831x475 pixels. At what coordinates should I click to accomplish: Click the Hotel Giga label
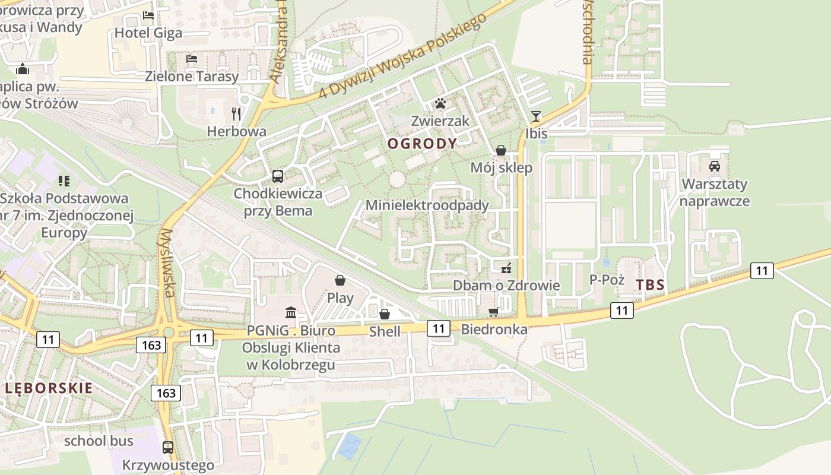[x=148, y=33]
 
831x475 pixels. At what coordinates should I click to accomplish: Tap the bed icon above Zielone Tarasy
[x=192, y=59]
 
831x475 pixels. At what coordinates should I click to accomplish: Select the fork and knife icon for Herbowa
[x=236, y=113]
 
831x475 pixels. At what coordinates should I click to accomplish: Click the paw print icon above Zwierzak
[x=440, y=104]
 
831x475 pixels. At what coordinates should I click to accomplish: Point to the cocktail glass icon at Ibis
[x=536, y=116]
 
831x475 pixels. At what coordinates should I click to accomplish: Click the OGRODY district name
[x=423, y=143]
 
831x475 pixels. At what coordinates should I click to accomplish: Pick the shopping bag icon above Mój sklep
[x=501, y=150]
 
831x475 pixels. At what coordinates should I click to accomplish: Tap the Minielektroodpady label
[x=427, y=205]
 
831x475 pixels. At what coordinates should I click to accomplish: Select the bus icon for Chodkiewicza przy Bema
[x=278, y=176]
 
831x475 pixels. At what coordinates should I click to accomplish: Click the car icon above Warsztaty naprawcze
[x=715, y=166]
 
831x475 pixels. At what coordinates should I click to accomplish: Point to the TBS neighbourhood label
[x=650, y=284]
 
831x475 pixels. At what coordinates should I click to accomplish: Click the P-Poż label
[x=607, y=280]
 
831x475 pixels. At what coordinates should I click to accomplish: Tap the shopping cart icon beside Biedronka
[x=493, y=312]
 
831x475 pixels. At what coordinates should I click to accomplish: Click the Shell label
[x=385, y=331]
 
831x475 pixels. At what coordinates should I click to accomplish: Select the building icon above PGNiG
[x=291, y=312]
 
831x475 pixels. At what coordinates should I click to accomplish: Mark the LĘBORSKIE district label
[x=49, y=388]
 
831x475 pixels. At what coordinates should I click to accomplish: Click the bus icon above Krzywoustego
[x=168, y=447]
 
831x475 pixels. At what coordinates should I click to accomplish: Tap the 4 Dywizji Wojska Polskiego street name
[x=402, y=55]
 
